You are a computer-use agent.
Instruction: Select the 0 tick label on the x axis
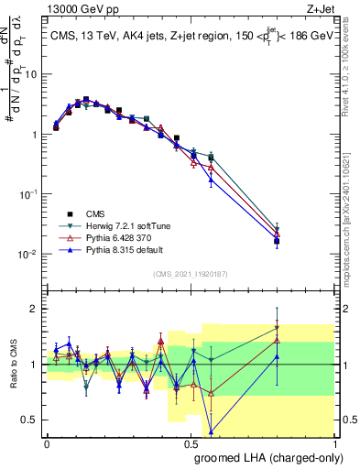tap(47, 443)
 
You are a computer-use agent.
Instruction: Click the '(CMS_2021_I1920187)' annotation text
tap(190, 274)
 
